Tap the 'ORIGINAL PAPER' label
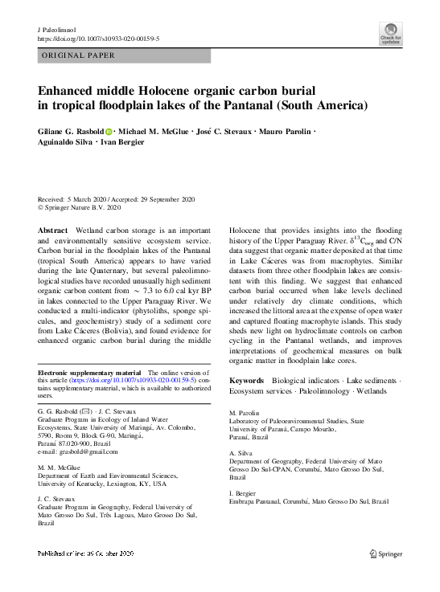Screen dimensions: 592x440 tap(77, 55)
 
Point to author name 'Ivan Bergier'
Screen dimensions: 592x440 tap(123, 142)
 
